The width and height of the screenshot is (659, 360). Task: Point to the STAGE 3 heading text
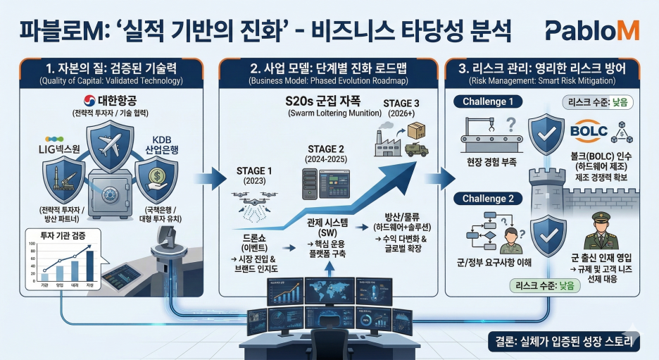point(401,104)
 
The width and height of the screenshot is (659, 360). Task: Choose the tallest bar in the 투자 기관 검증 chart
point(89,266)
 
